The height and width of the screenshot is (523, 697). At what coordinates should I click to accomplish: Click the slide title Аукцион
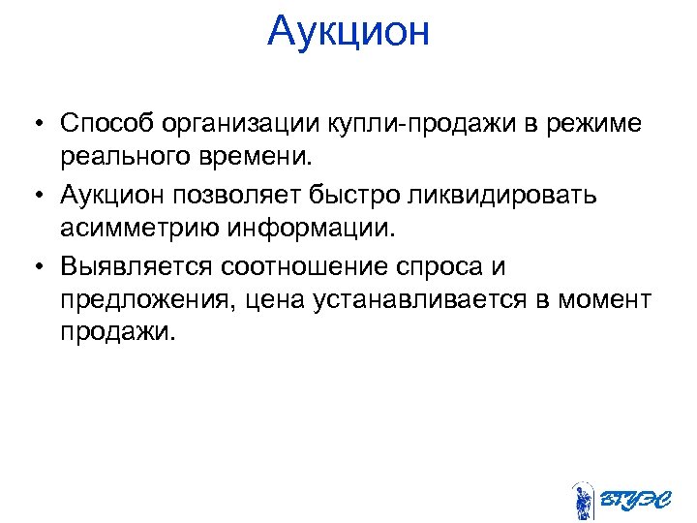click(x=348, y=31)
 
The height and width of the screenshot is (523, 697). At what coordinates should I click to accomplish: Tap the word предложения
click(x=144, y=299)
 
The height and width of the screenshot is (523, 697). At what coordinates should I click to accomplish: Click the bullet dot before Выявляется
click(x=35, y=265)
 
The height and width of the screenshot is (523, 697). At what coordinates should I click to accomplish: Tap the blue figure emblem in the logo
click(x=582, y=499)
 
